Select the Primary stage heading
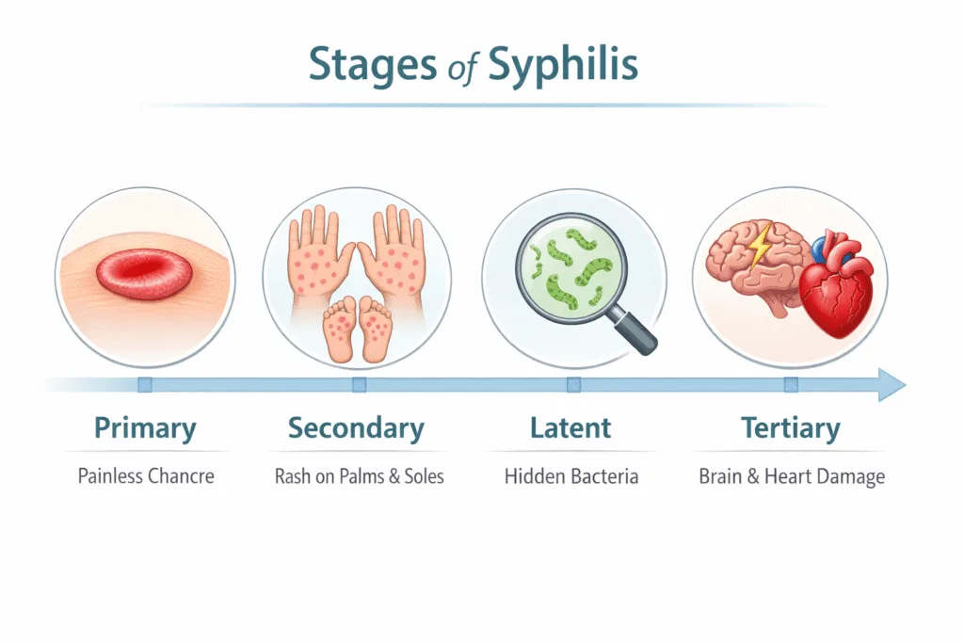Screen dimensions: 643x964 tap(145, 429)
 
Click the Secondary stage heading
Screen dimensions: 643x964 tap(356, 429)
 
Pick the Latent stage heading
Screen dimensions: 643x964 tap(570, 429)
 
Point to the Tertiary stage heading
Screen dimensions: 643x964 tap(791, 429)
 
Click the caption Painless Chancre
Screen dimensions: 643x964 tap(146, 476)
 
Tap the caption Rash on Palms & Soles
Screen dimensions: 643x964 tap(359, 476)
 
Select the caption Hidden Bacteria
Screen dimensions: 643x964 tap(571, 476)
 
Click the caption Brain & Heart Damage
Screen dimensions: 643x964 tap(792, 476)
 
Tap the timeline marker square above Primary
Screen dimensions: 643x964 tap(144, 384)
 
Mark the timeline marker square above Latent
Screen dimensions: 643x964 tap(573, 384)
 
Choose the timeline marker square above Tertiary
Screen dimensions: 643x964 tap(791, 384)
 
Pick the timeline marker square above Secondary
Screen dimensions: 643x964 tap(359, 384)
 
